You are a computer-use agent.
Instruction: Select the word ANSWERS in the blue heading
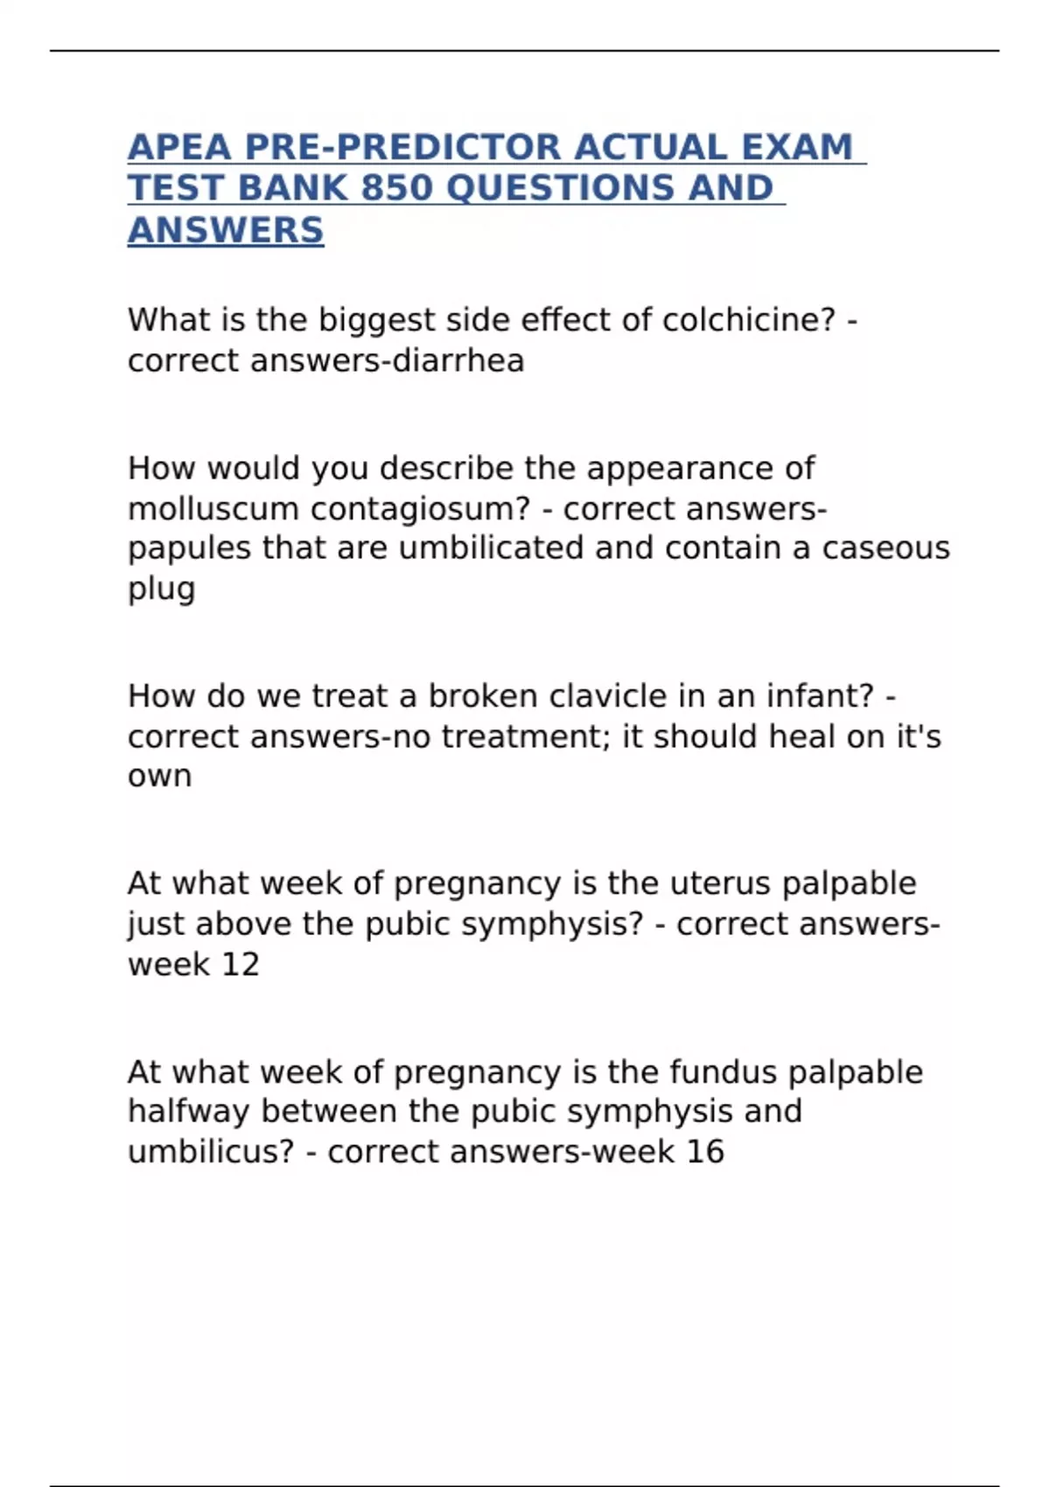coord(226,230)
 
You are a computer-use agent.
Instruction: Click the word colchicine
coord(742,320)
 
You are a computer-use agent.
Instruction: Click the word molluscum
coord(213,508)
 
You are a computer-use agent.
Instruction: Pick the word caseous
coord(885,548)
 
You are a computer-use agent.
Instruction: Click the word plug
coord(161,589)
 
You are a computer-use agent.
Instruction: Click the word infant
coord(820,696)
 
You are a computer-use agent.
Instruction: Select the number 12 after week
coord(241,964)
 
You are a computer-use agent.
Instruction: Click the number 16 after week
coord(705,1152)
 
